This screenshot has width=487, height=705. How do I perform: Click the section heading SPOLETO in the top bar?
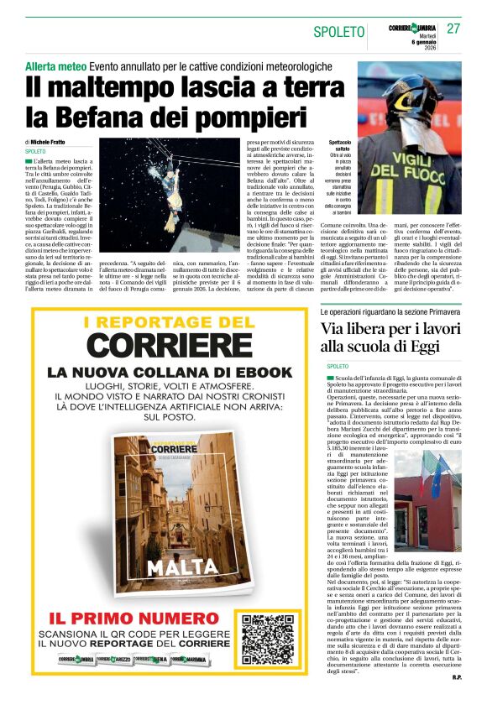coord(338,32)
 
